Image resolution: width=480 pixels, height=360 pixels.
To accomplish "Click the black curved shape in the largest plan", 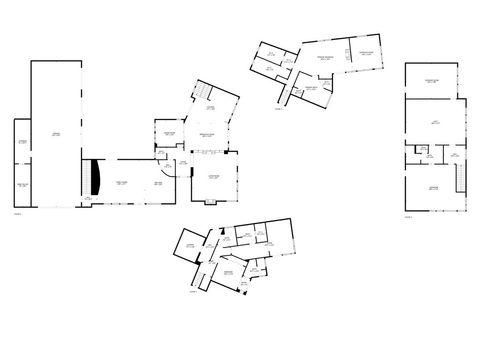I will tap(95, 178).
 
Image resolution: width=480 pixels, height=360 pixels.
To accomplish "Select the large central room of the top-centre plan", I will tap(323, 62).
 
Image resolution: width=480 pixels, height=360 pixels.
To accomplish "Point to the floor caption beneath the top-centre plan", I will tap(279, 109).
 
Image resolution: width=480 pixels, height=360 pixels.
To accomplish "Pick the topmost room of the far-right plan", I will tap(431, 81).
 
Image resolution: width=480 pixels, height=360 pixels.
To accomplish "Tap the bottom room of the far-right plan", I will tap(431, 189).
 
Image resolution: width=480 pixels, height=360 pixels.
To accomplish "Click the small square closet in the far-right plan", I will tap(423, 152).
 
